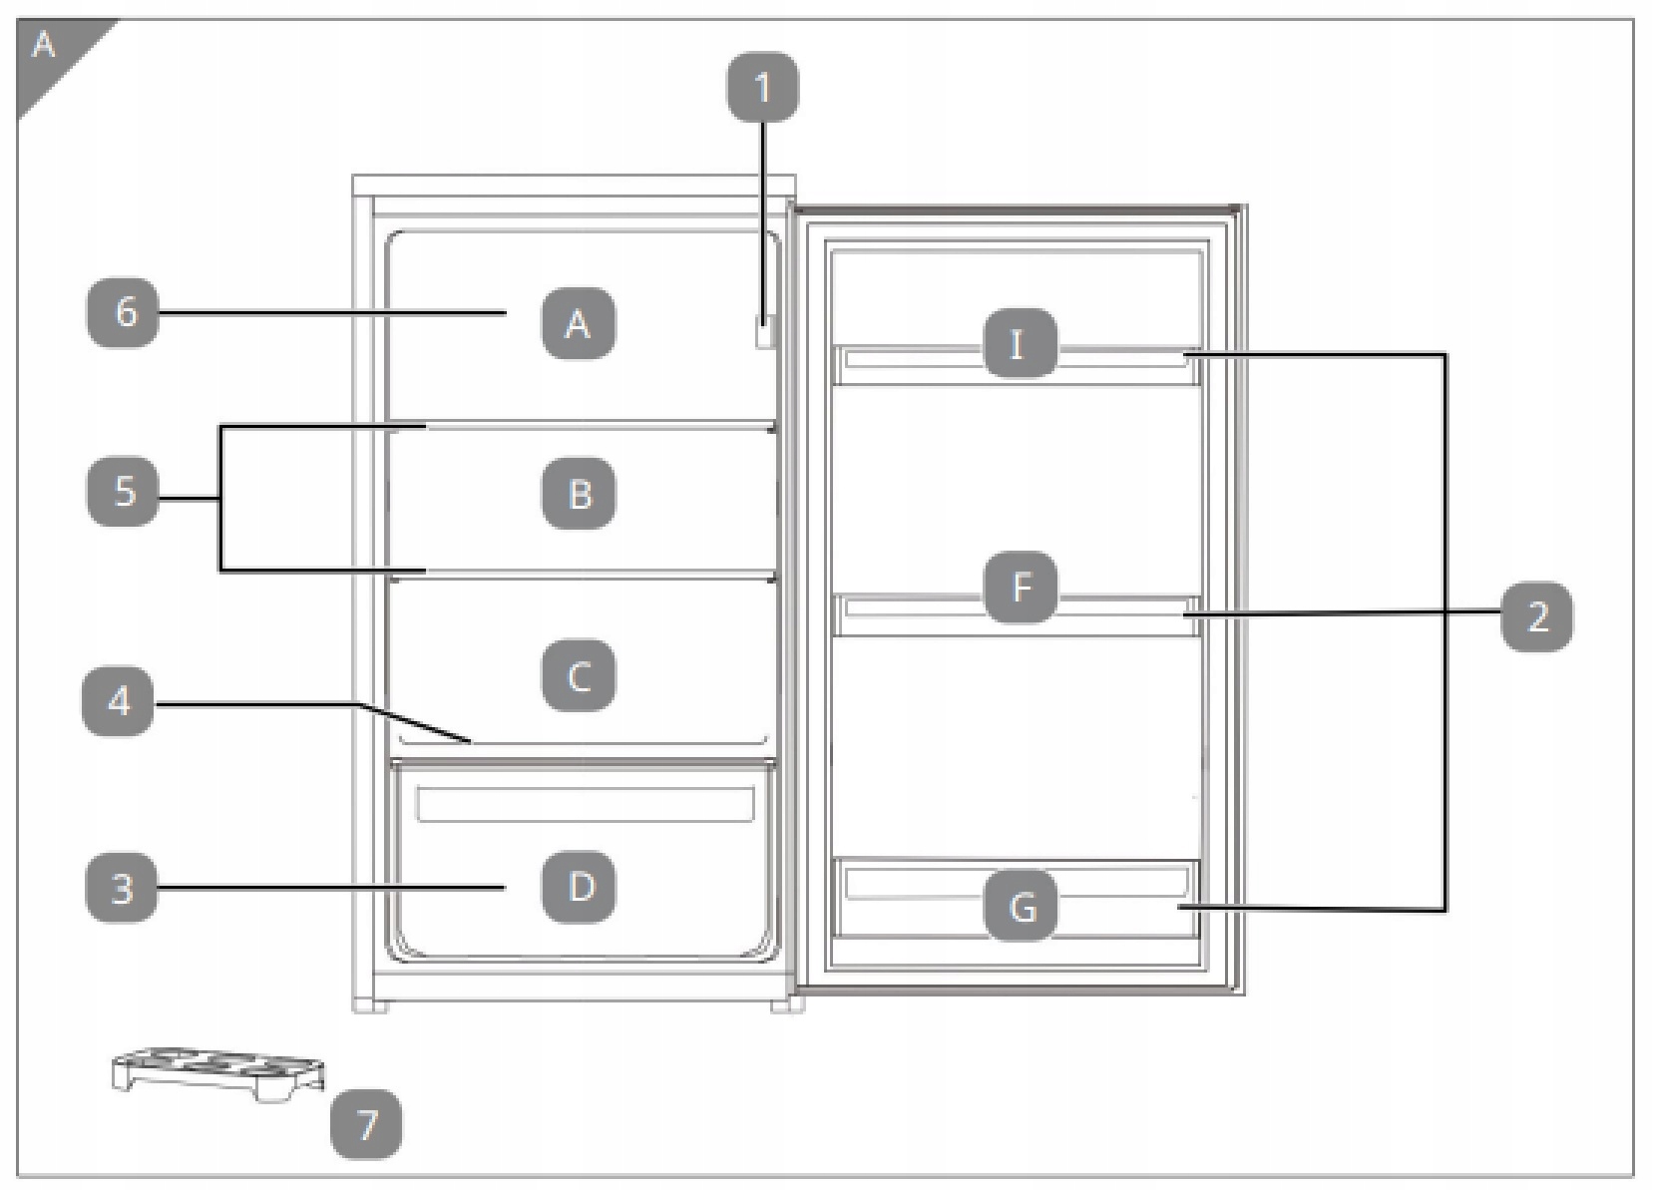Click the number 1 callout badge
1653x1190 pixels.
click(x=762, y=88)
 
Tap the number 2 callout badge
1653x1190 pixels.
click(x=1537, y=616)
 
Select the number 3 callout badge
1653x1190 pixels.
click(x=122, y=887)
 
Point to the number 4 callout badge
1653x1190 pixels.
click(x=119, y=702)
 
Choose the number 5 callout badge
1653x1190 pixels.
click(x=124, y=491)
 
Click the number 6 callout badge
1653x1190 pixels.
click(x=124, y=312)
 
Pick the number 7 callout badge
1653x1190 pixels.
click(x=367, y=1124)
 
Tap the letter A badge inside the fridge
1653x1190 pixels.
click(x=578, y=323)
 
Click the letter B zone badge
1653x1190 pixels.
click(x=579, y=494)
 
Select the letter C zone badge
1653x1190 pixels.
click(x=579, y=676)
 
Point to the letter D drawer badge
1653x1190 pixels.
click(x=579, y=887)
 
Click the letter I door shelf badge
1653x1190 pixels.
click(x=1019, y=345)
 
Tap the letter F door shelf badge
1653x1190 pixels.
click(x=1021, y=588)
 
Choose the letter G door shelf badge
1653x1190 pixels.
click(x=1021, y=907)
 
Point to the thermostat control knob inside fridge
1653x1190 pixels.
click(x=764, y=332)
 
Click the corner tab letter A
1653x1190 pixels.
click(x=44, y=45)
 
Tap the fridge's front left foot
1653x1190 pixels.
click(x=370, y=1005)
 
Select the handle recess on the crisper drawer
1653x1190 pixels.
click(x=585, y=804)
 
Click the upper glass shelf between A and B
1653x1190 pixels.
click(x=599, y=427)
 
